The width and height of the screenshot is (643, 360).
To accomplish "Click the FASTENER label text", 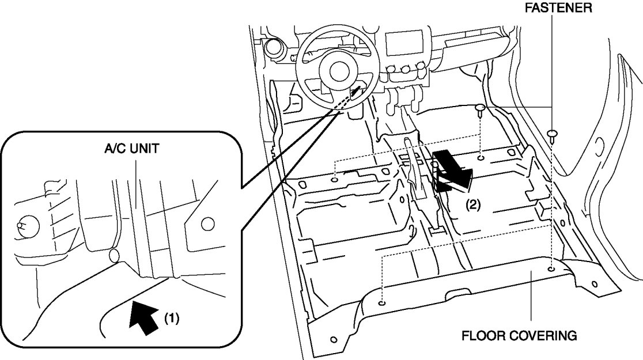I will click(557, 9).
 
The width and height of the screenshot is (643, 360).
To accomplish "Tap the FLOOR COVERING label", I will click(519, 335).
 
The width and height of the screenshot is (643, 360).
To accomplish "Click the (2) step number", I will click(472, 204).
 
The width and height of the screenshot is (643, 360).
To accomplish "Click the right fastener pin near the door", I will click(553, 134).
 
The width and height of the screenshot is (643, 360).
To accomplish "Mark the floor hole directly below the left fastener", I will click(481, 157).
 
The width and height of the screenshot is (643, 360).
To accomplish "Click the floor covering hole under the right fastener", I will click(552, 269).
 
